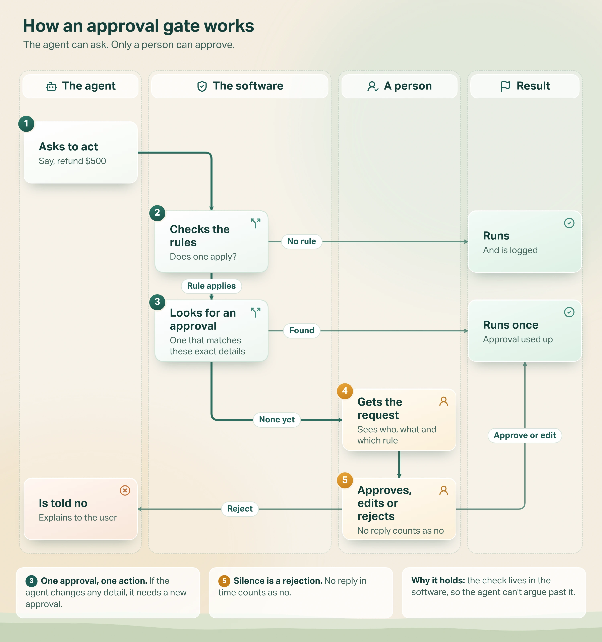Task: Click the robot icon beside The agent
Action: coord(51,86)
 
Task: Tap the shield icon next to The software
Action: coord(202,86)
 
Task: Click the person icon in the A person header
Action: coord(373,86)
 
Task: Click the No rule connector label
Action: coord(302,242)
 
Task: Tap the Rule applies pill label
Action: coord(212,286)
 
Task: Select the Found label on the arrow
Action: coord(302,331)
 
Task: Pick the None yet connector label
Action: coord(277,420)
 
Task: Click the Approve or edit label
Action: coord(525,435)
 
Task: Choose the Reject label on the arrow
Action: coord(240,509)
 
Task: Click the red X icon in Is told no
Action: coord(125,491)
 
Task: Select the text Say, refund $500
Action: coord(72,161)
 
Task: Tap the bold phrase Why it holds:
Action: coord(438,581)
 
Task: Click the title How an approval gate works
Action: coord(138,26)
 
